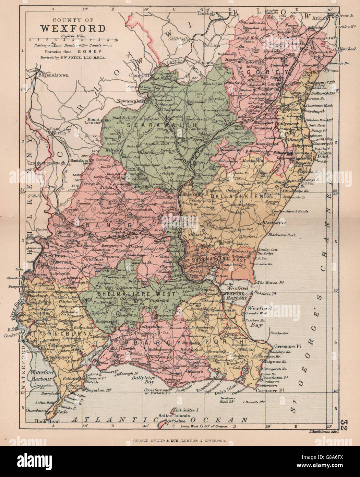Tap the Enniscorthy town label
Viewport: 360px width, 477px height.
[192, 194]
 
